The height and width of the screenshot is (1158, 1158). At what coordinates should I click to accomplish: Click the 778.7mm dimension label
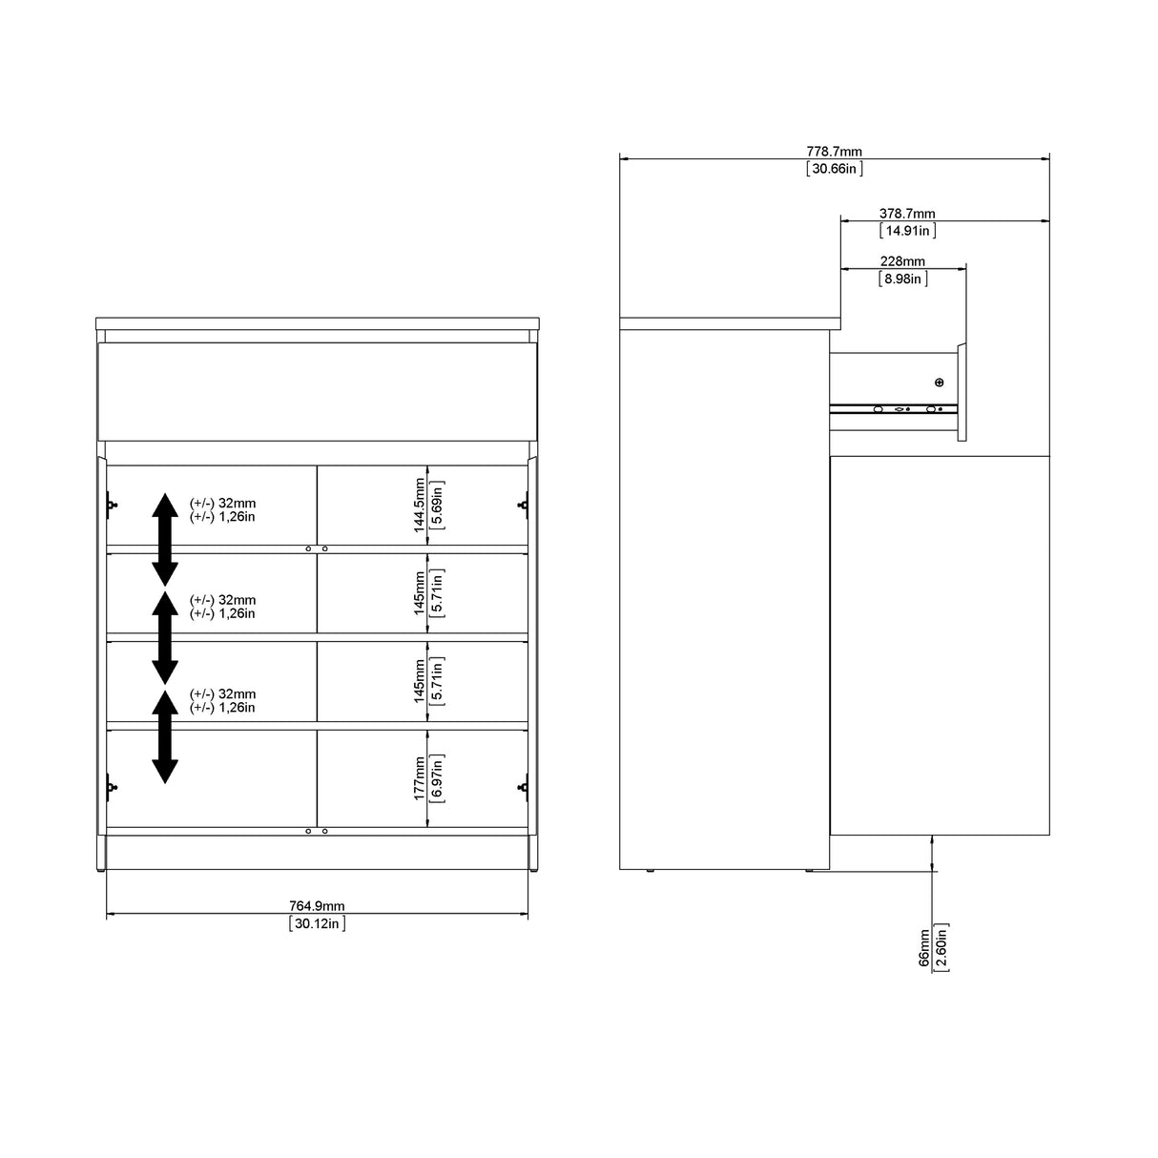835,151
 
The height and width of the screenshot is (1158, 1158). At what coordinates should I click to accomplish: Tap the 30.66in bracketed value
835,169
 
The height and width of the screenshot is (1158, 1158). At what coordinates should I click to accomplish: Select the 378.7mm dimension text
907,214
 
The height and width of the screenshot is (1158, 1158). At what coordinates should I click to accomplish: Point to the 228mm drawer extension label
902,261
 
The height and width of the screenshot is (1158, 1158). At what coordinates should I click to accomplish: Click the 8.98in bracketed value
902,279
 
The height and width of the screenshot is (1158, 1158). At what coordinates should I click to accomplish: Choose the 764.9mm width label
317,905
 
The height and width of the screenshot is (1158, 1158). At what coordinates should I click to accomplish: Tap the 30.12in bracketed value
317,923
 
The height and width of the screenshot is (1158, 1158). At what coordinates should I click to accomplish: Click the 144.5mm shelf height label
419,506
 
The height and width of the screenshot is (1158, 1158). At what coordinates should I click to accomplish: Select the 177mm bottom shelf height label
419,777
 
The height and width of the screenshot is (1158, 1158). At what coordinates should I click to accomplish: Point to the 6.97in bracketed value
437,777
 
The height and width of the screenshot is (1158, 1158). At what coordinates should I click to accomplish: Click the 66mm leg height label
923,948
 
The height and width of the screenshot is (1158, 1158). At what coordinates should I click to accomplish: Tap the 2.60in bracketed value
941,948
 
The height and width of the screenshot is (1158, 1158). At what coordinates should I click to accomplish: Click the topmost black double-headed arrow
165,539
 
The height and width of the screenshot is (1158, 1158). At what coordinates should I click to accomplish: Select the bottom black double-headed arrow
165,735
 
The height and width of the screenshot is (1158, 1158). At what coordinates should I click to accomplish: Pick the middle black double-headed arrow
165,637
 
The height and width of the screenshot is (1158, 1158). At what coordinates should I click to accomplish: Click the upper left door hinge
112,505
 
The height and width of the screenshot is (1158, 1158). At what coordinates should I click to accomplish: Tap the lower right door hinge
523,787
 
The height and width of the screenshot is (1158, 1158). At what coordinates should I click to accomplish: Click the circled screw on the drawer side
939,383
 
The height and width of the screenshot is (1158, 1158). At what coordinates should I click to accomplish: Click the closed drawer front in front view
317,391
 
